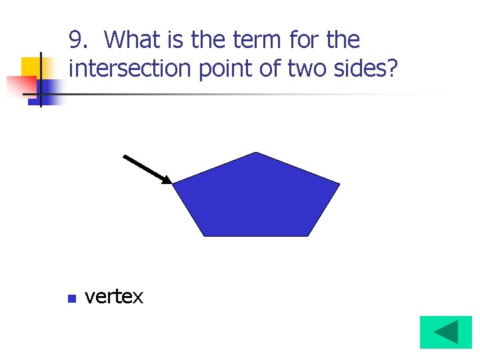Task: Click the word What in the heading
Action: pyautogui.click(x=132, y=41)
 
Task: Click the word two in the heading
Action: pyautogui.click(x=307, y=68)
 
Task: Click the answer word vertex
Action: pyautogui.click(x=113, y=297)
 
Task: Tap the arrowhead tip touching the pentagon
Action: pyautogui.click(x=171, y=183)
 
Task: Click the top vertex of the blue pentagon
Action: pyautogui.click(x=256, y=153)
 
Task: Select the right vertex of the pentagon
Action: pyautogui.click(x=339, y=183)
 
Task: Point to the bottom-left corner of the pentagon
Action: pyautogui.click(x=204, y=235)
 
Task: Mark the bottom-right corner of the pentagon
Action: pyautogui.click(x=309, y=235)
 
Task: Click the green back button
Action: pyautogui.click(x=445, y=332)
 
